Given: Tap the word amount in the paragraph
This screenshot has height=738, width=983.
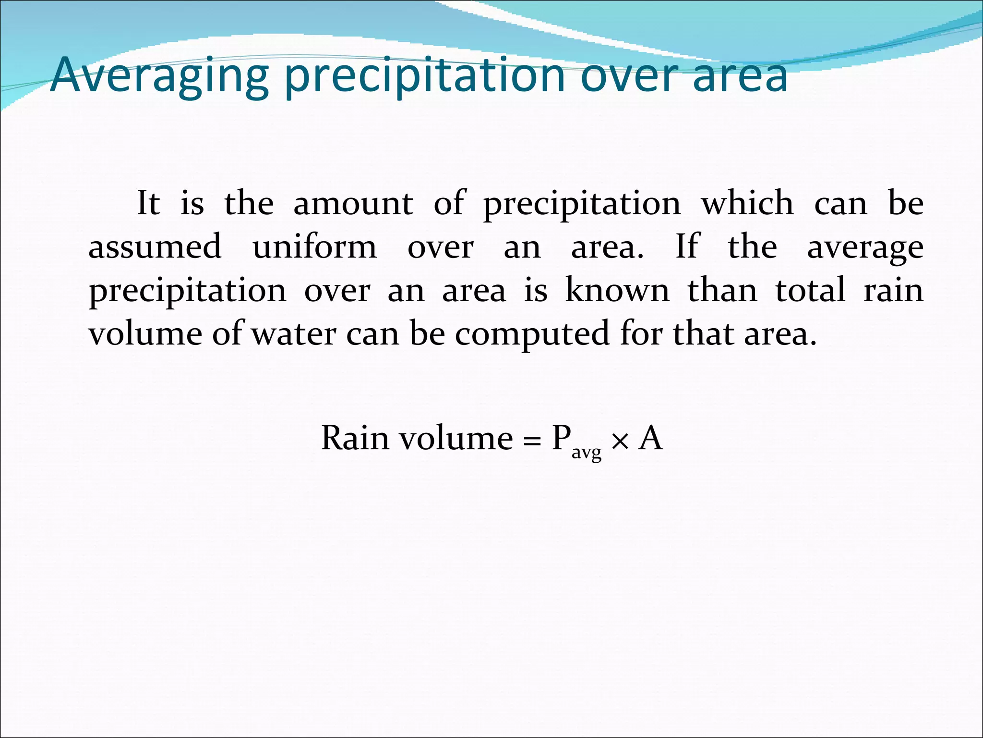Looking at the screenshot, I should tap(353, 203).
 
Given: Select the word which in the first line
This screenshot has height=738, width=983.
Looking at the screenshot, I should tap(747, 203).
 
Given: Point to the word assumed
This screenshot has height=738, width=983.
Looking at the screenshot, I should tap(155, 246).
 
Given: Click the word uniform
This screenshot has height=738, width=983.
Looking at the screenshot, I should tap(315, 246).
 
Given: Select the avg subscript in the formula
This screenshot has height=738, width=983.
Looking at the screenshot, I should tap(586, 453).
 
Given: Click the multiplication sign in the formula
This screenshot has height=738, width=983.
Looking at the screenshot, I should tap(620, 441).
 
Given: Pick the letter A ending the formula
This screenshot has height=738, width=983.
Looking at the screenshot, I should tap(650, 438).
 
